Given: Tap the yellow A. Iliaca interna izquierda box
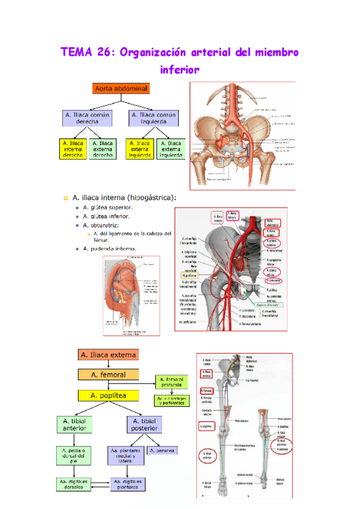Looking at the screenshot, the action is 140,149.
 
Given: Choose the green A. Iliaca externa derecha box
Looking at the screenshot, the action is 103,149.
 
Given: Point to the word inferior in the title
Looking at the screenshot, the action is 179,70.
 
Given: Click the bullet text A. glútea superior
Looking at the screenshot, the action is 108,207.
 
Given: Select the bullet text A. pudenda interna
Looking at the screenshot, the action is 110,248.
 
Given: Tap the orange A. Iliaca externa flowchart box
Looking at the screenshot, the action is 108,355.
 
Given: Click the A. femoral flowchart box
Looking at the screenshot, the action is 108,375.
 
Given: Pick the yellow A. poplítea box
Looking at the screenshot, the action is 108,396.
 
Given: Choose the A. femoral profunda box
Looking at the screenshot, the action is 172,382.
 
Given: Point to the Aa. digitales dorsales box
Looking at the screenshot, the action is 73,483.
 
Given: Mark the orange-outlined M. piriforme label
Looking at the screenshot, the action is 189,276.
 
